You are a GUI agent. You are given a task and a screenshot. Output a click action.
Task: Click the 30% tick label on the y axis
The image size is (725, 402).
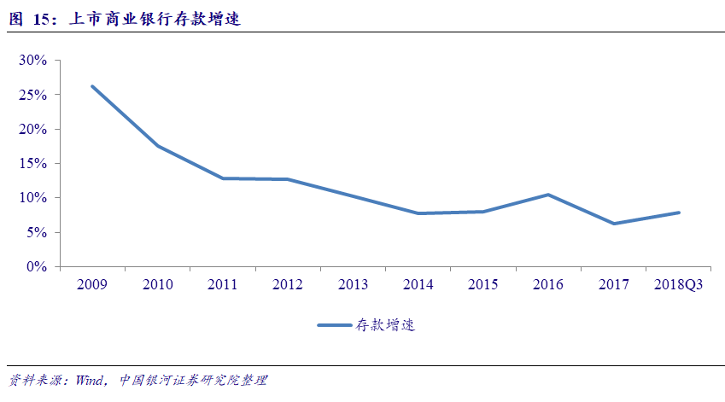tap(33, 61)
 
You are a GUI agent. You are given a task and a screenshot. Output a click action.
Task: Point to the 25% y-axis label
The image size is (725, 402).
tap(33, 95)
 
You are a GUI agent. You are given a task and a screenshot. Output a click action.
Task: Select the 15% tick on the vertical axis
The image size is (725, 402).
tap(33, 164)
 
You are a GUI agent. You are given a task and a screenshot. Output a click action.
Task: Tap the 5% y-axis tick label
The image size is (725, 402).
tap(37, 232)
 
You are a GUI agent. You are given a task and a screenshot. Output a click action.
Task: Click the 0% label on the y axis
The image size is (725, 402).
tap(37, 267)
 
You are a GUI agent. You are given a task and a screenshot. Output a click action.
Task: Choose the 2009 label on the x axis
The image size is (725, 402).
tap(92, 284)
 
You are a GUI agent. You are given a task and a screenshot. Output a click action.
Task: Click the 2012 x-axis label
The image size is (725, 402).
tap(288, 284)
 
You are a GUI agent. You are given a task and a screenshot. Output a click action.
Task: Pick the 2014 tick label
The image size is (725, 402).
tap(418, 284)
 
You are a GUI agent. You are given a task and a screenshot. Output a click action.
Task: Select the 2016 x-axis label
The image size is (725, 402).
tap(548, 284)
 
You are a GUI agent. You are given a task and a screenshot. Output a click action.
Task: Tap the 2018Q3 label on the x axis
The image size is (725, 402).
tap(679, 284)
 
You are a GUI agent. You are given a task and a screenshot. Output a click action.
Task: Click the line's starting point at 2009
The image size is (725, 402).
tap(92, 86)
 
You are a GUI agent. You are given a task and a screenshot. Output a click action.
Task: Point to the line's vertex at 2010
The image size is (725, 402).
tap(157, 146)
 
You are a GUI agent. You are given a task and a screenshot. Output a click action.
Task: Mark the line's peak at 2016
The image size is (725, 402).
tap(548, 195)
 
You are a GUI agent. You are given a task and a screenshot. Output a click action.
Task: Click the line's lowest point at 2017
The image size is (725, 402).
tap(613, 224)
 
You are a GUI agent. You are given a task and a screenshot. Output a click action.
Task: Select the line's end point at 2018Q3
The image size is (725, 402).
tap(679, 213)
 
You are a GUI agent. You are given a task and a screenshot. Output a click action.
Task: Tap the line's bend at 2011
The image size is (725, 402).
tap(222, 178)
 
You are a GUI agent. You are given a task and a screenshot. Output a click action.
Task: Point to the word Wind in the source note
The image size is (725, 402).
tap(89, 380)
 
